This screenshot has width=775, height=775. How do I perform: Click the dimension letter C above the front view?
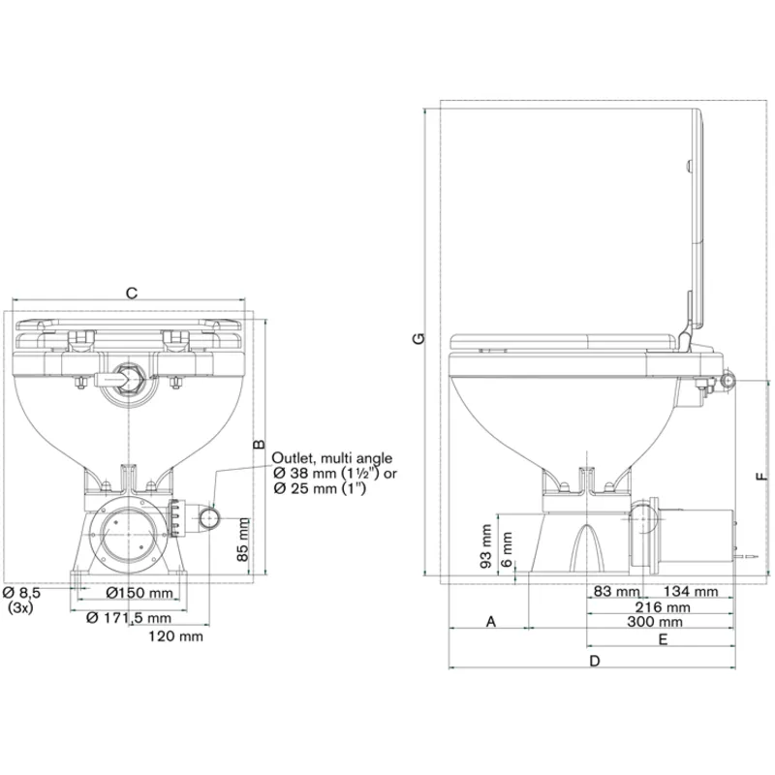pos(133,291)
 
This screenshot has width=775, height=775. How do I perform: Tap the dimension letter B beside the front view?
pos(259,444)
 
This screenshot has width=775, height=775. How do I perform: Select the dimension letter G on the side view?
pos(416,338)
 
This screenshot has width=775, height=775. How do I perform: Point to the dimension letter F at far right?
pos(761,475)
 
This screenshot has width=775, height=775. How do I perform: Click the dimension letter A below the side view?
pos(490,621)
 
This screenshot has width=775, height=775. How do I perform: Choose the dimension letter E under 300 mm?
pos(663,639)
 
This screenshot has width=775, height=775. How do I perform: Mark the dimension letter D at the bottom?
pos(595,661)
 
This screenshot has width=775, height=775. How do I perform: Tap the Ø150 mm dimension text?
pos(139,592)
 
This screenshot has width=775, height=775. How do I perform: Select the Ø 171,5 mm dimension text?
pos(129,617)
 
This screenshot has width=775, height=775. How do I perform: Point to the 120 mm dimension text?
pos(175,636)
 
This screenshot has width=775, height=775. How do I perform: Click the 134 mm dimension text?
pos(691,591)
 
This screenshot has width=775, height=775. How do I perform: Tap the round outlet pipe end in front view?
pos(209,520)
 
